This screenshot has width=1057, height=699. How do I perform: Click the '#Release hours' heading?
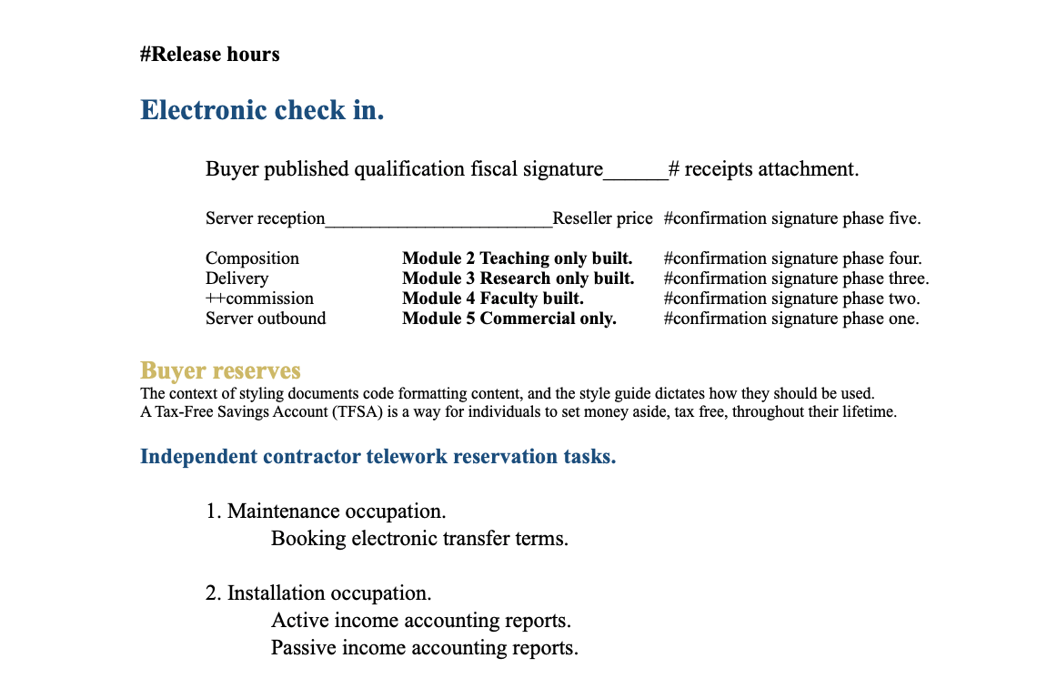click(210, 55)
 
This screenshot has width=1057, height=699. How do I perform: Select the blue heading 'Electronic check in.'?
click(262, 111)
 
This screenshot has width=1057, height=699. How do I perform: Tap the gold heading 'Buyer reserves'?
click(220, 371)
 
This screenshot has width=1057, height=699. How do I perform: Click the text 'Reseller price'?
click(602, 218)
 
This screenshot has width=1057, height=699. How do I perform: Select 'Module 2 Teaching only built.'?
click(517, 258)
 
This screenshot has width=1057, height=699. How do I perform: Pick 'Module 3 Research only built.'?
click(518, 279)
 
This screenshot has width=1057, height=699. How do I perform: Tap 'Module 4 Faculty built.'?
click(492, 299)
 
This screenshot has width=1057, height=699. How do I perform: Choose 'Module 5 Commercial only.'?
click(508, 319)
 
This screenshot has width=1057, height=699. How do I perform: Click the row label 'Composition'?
click(252, 258)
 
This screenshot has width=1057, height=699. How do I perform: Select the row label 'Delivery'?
click(237, 279)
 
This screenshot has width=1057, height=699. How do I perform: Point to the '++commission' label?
click(259, 299)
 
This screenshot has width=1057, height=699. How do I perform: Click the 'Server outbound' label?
click(266, 319)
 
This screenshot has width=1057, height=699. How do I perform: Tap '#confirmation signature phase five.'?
click(792, 218)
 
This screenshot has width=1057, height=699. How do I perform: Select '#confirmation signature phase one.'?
click(791, 319)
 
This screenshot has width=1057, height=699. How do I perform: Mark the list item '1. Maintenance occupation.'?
click(326, 512)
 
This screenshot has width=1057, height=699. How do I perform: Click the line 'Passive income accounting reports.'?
click(425, 648)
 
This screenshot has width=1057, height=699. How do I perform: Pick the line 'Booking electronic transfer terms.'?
click(419, 539)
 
